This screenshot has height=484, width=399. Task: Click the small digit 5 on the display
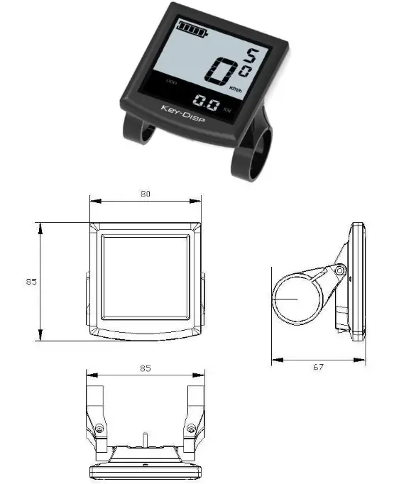(x=252, y=55)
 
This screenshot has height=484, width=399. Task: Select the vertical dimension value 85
(x=31, y=281)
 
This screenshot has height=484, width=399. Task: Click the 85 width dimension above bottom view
(x=145, y=368)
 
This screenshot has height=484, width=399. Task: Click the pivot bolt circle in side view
(x=340, y=270)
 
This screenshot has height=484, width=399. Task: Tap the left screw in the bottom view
(x=99, y=429)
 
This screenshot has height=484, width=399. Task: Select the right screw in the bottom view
(x=190, y=429)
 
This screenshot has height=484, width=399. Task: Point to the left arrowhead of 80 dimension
(x=93, y=201)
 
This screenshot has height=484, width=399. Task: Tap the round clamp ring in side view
(x=295, y=299)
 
